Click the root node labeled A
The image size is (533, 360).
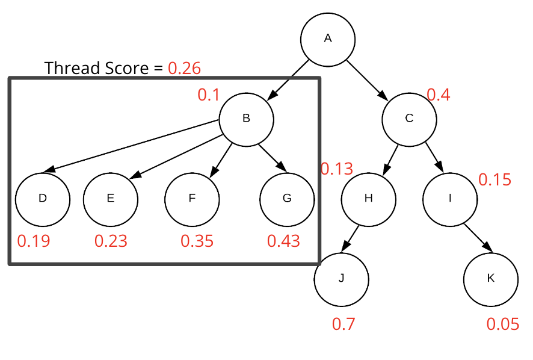[328, 39]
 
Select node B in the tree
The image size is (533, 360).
[246, 119]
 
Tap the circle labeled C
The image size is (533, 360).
[409, 119]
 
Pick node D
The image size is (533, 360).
[42, 198]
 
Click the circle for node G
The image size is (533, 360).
[286, 198]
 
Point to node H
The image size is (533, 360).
[369, 198]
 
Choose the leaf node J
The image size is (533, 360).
[341, 278]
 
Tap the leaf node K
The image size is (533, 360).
[490, 278]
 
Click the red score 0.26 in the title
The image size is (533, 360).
[184, 68]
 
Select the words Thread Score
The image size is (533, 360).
[96, 68]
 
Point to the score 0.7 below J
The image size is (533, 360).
[344, 324]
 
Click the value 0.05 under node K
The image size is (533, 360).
[502, 324]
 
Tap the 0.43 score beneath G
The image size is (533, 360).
[283, 241]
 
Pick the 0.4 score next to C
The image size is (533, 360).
[438, 95]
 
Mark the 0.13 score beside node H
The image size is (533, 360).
[336, 169]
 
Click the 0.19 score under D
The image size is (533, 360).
[33, 241]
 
